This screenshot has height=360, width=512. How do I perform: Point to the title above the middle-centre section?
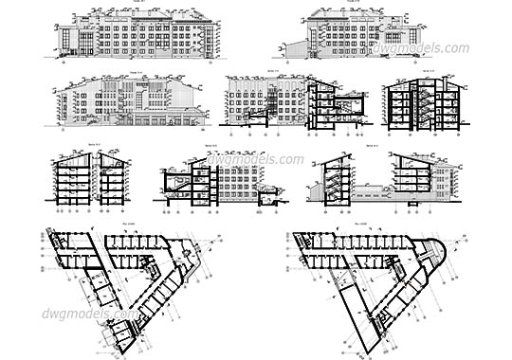click(272, 70)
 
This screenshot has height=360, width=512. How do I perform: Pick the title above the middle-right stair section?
click(428, 70)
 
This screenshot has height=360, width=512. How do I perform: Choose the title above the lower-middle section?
click(211, 147)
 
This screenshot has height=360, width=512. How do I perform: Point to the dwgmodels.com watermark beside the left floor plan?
click(88, 314)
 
